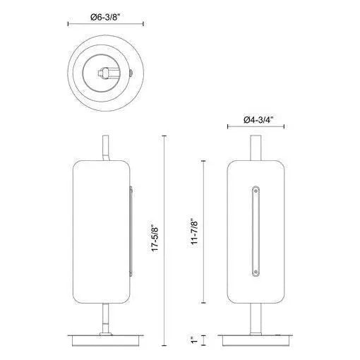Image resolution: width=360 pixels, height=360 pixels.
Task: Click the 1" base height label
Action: pyautogui.click(x=195, y=342)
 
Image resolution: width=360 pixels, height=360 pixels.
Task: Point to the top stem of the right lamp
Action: pyautogui.click(x=255, y=148)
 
